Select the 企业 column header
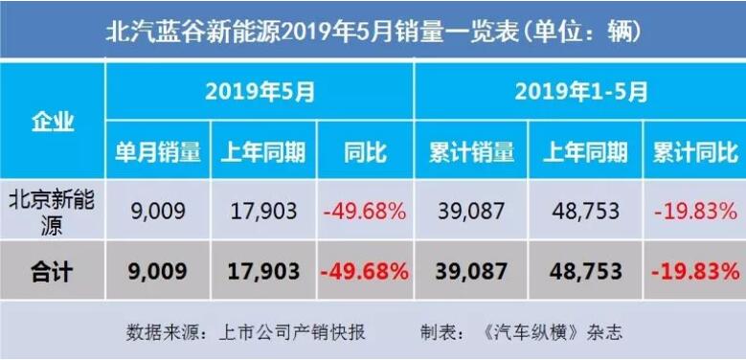pos(53,122)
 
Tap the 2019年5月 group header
pos(260,92)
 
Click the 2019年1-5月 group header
pos(580,92)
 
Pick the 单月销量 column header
pos(158,151)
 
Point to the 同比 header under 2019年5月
pos(364,151)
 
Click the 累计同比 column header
pos(694,151)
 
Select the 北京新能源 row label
pos(53,210)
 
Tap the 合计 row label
pos(53,271)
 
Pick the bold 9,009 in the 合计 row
pos(158,271)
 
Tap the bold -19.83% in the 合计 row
pos(694,271)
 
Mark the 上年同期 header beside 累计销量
pos(586,151)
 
